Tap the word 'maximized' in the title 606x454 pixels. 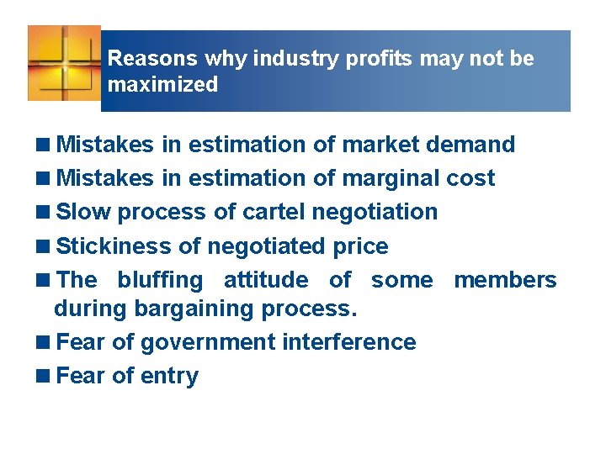tap(162, 85)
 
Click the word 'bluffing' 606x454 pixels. tap(160, 280)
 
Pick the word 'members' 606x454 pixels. tap(505, 280)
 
